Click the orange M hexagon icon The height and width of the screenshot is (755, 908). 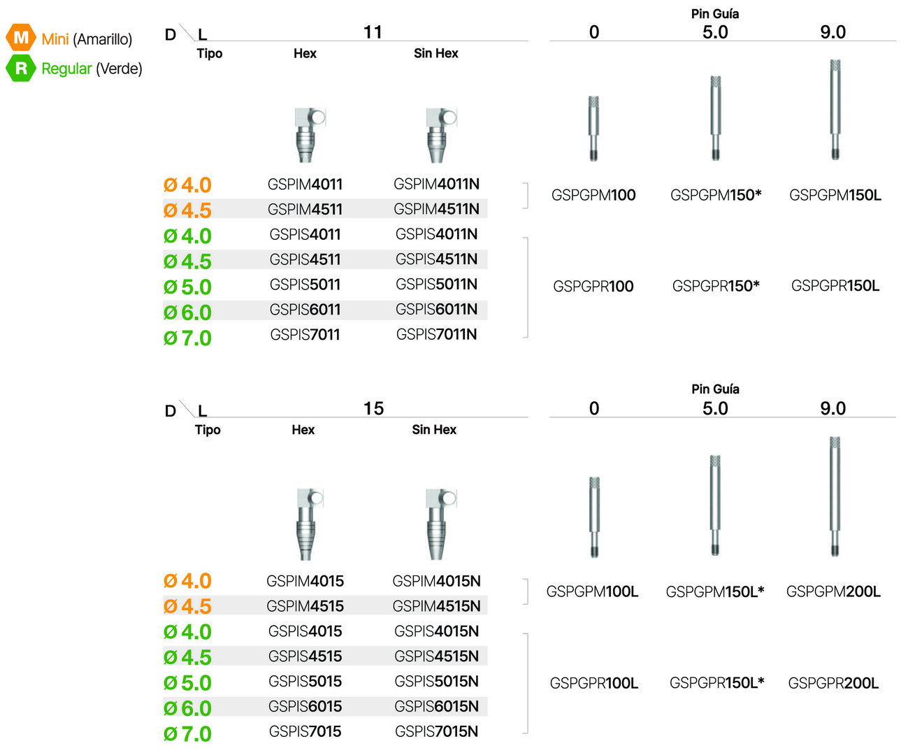[x=21, y=37]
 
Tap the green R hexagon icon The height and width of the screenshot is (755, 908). [x=21, y=68]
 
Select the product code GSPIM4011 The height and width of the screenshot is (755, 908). [x=305, y=185]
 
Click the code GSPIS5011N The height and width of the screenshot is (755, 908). [x=436, y=285]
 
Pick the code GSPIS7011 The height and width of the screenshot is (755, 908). [x=305, y=335]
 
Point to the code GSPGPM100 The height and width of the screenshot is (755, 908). [x=593, y=195]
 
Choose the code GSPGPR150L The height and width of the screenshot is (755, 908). [x=835, y=286]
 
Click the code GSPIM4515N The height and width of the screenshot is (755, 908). [x=436, y=606]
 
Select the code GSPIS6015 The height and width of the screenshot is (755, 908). [x=305, y=707]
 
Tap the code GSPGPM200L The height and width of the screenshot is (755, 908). [x=833, y=592]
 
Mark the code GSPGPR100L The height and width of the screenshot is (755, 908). [x=593, y=683]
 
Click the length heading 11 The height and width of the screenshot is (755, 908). [x=373, y=32]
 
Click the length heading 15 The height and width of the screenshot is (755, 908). [x=373, y=408]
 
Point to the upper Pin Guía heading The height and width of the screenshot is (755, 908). [x=715, y=14]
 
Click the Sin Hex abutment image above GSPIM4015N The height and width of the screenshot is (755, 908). [x=440, y=523]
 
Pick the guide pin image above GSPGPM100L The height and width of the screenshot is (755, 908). [x=594, y=517]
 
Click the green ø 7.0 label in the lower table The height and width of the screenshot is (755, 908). [x=187, y=734]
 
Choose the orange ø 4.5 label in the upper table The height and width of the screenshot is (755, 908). [x=187, y=210]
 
